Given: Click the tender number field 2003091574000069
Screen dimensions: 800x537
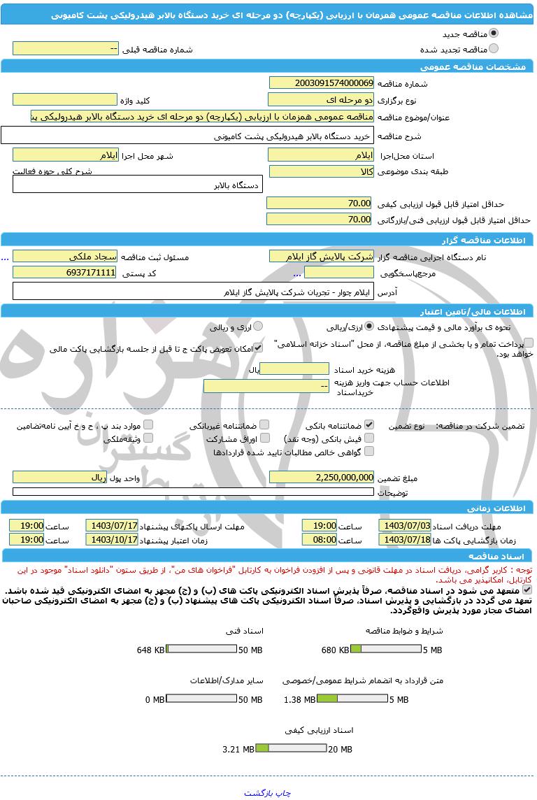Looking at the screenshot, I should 321,83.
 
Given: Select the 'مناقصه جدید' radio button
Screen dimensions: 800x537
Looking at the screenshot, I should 494,33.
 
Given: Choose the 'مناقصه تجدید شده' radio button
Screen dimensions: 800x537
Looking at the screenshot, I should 494,49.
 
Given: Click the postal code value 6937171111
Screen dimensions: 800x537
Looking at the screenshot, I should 64,273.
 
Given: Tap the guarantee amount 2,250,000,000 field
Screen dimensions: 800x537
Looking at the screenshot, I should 321,477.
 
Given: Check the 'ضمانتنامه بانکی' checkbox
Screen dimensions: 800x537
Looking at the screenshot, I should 369,424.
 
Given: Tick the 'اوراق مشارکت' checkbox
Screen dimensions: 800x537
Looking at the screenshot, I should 264,438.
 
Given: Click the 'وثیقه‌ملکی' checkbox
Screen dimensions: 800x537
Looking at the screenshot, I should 148,438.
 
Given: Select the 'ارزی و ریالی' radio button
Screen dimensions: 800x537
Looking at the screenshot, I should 258,327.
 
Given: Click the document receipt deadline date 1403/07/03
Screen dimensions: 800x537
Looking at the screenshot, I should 404,525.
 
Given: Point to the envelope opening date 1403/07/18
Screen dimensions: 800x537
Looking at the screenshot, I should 404,540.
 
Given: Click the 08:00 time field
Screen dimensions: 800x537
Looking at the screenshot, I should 320,540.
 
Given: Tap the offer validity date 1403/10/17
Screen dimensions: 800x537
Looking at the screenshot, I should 112,540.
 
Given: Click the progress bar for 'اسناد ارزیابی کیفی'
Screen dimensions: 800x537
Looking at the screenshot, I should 291,749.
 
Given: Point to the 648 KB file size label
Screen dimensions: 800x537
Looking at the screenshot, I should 152,650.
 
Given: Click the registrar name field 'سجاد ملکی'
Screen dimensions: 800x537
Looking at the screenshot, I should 64,257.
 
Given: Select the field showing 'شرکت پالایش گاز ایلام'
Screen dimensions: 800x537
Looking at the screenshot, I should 321,257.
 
